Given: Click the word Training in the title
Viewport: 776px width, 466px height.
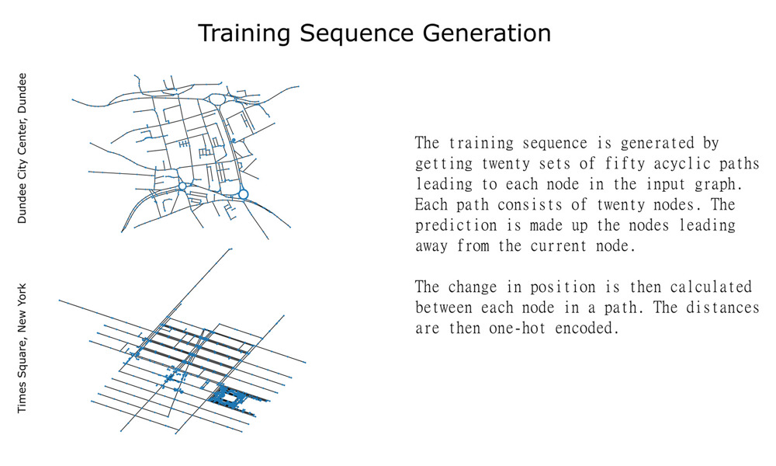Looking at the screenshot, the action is coord(244,33).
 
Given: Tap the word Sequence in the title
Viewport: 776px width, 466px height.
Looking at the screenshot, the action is coord(356,33).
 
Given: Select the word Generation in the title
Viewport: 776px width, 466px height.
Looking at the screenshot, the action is coord(487,33).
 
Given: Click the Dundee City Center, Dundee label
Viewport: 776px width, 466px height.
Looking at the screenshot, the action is coord(22,148).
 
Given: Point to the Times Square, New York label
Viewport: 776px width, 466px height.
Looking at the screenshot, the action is coord(22,348).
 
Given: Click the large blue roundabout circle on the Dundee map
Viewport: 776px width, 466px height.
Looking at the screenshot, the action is coord(243,194).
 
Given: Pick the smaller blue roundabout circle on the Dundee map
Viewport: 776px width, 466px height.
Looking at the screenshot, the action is coord(182,186).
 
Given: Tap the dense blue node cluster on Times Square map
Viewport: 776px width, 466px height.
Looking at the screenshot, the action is coord(230,397).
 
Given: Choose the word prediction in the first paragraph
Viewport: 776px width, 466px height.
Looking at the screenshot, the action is coord(456,226).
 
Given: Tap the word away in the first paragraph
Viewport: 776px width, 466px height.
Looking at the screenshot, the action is coord(431,247).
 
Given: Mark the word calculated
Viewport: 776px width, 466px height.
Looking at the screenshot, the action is coord(711,287).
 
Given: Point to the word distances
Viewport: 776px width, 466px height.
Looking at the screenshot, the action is coord(722,308).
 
